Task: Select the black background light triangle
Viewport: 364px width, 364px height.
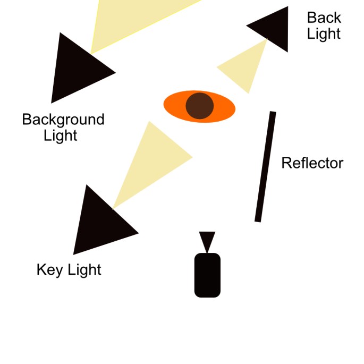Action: (77, 69)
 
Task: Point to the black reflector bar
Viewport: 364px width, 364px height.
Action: (265, 166)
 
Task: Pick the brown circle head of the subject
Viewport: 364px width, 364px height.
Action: (199, 105)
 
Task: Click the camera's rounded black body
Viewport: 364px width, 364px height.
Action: (207, 275)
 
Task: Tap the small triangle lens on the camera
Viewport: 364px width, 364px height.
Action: (207, 240)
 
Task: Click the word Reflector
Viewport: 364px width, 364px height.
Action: (312, 163)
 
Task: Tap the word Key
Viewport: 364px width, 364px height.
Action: (47, 270)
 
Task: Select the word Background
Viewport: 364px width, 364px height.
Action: (63, 120)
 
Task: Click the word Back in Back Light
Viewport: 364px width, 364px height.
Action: (324, 18)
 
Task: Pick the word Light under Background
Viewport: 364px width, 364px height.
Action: (61, 136)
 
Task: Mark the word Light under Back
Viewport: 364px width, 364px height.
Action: (324, 34)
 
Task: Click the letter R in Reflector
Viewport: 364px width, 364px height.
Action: (286, 163)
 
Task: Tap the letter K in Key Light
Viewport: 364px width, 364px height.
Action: (40, 269)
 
